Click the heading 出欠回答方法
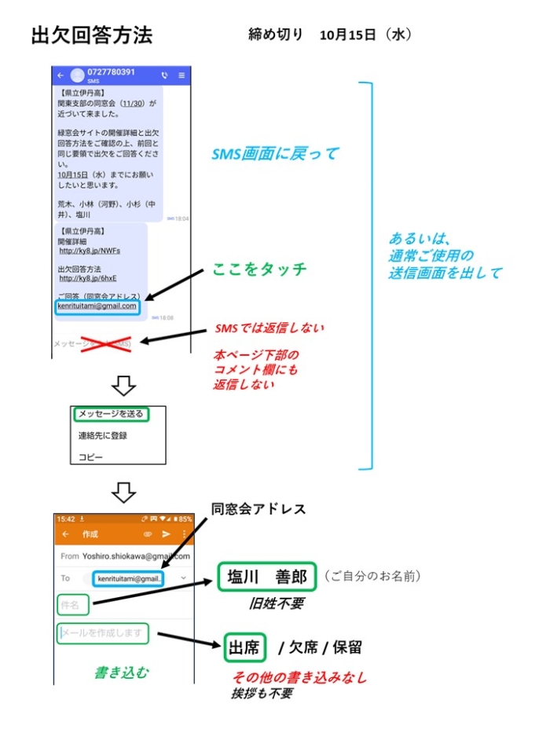pos(91,35)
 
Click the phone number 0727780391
pos(110,72)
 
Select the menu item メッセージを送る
pos(110,413)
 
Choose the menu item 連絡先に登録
pos(102,435)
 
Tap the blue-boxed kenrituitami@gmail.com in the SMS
pos(97,306)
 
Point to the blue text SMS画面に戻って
pos(275,154)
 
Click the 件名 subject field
pos(72,605)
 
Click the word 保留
pos(349,648)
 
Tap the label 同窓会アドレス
pos(258,510)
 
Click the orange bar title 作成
pos(90,534)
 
